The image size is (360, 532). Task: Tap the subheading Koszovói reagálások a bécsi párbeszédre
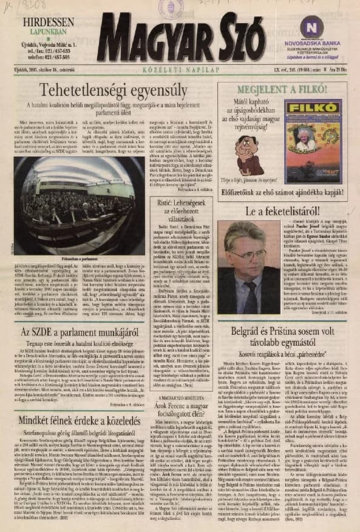(283, 352)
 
